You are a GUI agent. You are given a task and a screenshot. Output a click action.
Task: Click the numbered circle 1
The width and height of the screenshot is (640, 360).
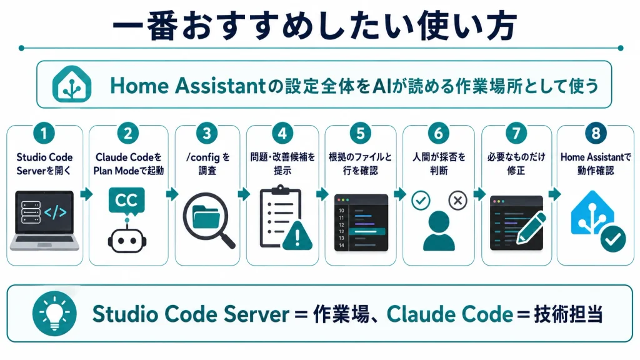coord(44,133)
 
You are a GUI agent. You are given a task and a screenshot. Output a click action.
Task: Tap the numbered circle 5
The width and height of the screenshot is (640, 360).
coord(361,133)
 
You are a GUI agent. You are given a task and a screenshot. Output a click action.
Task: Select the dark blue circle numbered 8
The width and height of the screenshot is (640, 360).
coord(596,133)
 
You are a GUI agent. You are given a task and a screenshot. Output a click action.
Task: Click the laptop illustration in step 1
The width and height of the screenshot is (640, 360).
coord(44,220)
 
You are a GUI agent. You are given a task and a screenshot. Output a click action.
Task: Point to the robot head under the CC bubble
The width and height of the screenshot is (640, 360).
coord(127,240)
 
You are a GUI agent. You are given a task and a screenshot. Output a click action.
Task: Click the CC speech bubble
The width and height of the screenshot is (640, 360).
coord(126,201)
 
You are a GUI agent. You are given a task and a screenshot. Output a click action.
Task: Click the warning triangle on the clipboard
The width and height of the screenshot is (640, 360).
coord(297,236)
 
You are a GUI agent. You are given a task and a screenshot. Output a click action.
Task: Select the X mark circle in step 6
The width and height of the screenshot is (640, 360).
coord(457,201)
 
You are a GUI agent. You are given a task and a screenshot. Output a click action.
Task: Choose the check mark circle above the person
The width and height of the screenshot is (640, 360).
coord(421,201)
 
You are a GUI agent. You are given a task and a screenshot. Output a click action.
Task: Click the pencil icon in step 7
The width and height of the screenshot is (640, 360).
coord(531,228)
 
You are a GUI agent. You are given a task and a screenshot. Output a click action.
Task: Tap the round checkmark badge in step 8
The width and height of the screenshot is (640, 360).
coord(613,239)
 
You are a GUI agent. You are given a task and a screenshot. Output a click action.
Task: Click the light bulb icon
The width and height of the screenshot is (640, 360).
coord(54,314)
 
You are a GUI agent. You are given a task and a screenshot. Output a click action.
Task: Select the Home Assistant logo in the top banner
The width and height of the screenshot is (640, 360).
coord(72,84)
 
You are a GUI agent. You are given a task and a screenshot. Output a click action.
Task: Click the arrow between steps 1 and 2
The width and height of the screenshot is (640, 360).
coord(86,194)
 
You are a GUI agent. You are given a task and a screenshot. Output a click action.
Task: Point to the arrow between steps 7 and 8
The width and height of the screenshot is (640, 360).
coord(555,194)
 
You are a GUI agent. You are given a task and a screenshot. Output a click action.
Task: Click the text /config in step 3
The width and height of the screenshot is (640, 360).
coord(203,157)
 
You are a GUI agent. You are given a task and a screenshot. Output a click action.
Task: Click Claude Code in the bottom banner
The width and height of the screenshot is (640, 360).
coord(450,314)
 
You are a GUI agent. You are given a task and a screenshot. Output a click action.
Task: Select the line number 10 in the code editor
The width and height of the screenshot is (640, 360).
coord(341,211)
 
